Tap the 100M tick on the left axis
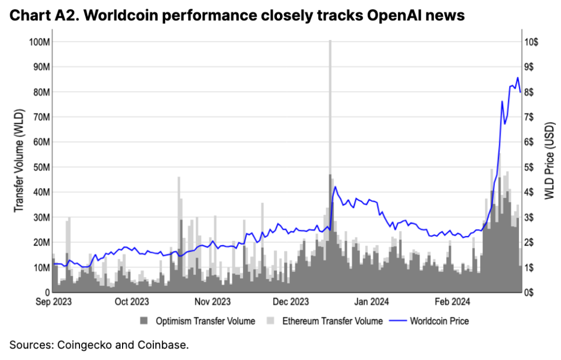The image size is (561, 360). click(x=38, y=42)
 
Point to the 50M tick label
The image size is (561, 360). click(x=40, y=167)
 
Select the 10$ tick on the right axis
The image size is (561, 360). click(x=531, y=42)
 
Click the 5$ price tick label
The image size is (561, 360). click(x=529, y=167)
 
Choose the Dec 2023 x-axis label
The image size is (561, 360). click(x=291, y=302)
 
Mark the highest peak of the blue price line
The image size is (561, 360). click(x=517, y=78)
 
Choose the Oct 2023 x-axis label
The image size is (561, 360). click(x=131, y=302)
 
